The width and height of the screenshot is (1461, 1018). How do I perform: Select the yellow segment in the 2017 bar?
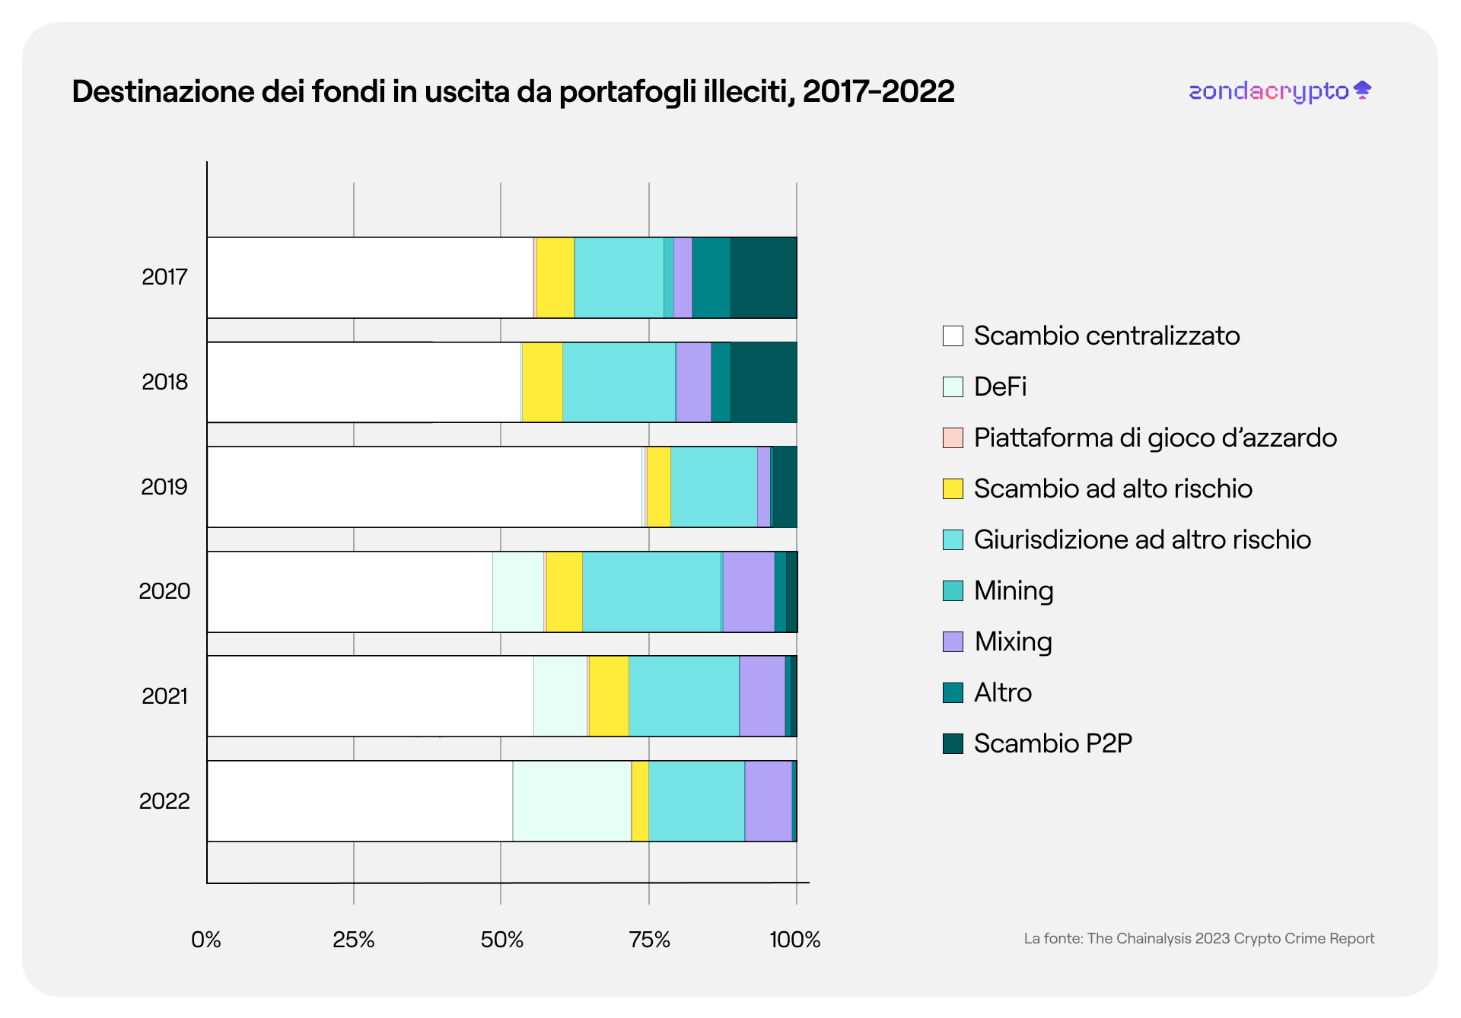pos(555,278)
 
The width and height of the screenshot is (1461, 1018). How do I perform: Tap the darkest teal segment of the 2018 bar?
pos(763,382)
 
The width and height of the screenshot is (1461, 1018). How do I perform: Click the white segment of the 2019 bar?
pos(425,487)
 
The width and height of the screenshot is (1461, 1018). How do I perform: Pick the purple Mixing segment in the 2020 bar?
pos(748,591)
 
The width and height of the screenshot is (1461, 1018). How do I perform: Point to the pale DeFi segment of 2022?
pos(571,801)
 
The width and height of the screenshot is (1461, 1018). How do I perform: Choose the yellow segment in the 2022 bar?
pos(640,801)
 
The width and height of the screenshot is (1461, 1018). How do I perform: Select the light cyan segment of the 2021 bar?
pos(684,696)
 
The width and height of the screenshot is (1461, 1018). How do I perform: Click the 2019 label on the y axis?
pos(164,487)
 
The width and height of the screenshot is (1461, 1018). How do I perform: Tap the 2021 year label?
pos(164,696)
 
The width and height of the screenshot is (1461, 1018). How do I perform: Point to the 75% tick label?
pos(649,940)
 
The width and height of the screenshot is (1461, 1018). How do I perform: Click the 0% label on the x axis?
pos(206,940)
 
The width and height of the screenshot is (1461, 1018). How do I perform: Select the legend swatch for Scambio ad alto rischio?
pos(953,488)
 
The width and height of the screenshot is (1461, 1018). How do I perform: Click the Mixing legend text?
pos(1013,641)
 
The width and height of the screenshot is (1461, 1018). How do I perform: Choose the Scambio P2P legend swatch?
pos(953,743)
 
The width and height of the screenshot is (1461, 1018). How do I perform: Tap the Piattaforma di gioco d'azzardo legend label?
pos(1155,437)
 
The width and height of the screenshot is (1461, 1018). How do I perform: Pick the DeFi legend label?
pos(1000,387)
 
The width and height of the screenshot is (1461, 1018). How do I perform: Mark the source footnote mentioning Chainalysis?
pos(1198,939)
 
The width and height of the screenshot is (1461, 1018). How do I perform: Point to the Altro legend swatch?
pos(953,692)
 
